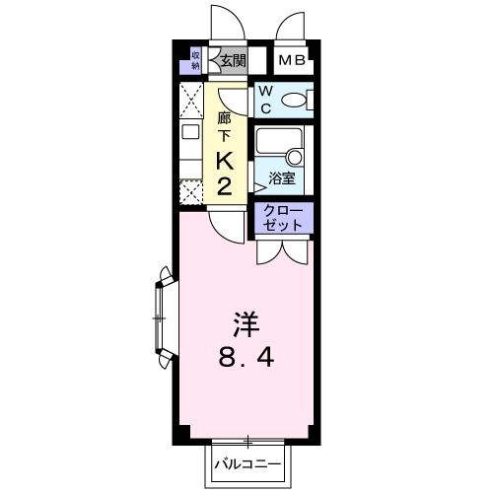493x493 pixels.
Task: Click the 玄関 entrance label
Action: coord(233,61)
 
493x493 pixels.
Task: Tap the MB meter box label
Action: coord(292,61)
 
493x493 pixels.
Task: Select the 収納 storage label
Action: coord(195,61)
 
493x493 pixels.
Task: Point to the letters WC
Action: coord(266,99)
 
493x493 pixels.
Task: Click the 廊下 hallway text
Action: coord(223,124)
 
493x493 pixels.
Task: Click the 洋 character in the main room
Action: coord(246,322)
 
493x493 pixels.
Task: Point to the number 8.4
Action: coord(246,356)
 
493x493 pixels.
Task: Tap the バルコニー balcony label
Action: coord(246,463)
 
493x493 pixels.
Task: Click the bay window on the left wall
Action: coord(162,317)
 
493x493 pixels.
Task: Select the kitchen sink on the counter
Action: coord(189,133)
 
